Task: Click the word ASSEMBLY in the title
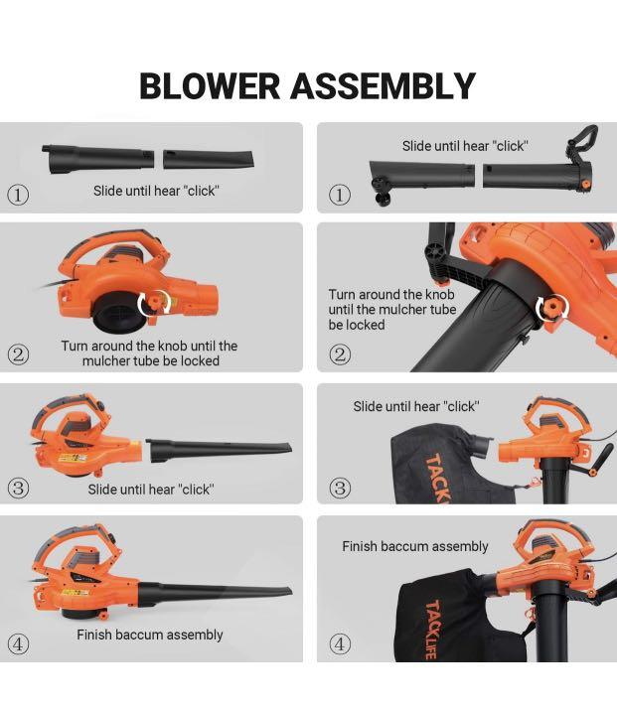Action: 383,85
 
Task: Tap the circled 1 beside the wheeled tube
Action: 340,195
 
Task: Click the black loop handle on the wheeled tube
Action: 581,145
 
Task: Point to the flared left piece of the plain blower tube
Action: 97,159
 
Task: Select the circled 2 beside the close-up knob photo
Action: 340,354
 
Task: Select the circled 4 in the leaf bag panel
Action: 340,644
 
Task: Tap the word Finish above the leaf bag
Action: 363,546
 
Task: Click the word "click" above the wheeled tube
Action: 511,146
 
